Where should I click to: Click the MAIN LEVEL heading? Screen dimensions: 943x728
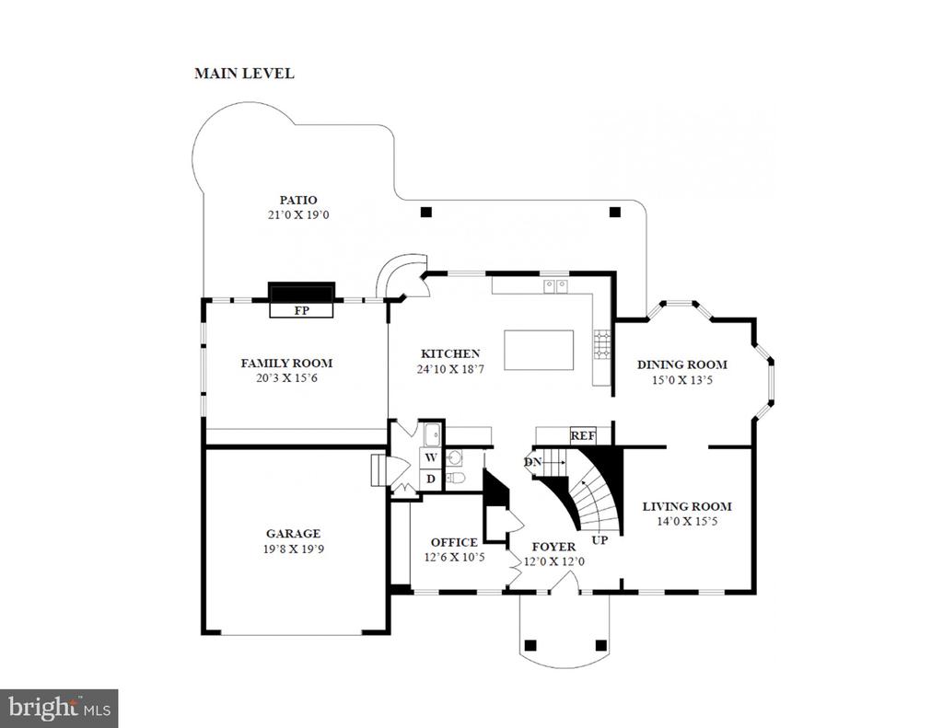pos(244,74)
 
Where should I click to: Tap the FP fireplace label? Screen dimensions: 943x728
pos(301,310)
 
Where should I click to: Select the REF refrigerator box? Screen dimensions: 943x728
pos(583,436)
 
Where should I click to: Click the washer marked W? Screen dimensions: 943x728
pos(431,457)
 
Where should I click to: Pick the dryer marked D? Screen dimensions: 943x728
pos(431,480)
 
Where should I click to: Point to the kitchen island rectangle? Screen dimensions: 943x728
pos(539,350)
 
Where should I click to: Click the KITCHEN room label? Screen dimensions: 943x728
pos(450,353)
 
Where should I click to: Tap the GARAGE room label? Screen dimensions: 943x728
pos(294,533)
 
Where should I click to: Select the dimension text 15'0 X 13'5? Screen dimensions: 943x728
pos(682,380)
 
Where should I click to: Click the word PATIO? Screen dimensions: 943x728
pos(298,200)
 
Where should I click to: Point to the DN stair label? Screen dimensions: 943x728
pos(533,462)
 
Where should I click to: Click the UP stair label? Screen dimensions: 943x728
pos(600,540)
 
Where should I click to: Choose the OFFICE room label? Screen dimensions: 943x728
pos(454,542)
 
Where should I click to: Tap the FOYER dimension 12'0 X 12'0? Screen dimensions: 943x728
pos(553,562)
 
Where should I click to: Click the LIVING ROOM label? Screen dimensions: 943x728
pos(687,506)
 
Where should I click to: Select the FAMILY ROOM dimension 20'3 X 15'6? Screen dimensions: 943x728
pos(286,378)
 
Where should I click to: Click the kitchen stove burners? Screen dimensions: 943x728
pos(602,345)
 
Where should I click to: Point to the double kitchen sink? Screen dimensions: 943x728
pos(556,286)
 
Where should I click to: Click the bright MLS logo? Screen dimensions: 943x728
pos(59,708)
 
